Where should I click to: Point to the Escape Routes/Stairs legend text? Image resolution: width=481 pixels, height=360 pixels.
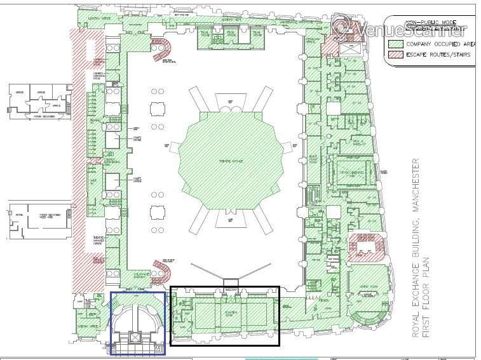438,55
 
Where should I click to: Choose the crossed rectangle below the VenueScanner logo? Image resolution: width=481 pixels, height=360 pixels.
349,48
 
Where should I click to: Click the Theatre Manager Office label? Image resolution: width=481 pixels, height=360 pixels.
99,240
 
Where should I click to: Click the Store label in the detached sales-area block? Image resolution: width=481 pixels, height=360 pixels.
18,215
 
